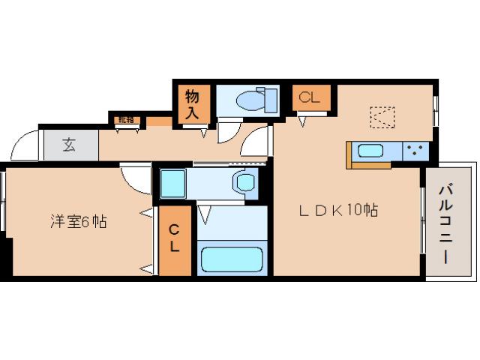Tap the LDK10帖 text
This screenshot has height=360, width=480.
tap(337, 211)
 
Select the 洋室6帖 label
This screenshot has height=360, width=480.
tap(78, 221)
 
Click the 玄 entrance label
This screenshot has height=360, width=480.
tap(69, 145)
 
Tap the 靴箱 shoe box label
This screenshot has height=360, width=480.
tap(124, 119)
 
